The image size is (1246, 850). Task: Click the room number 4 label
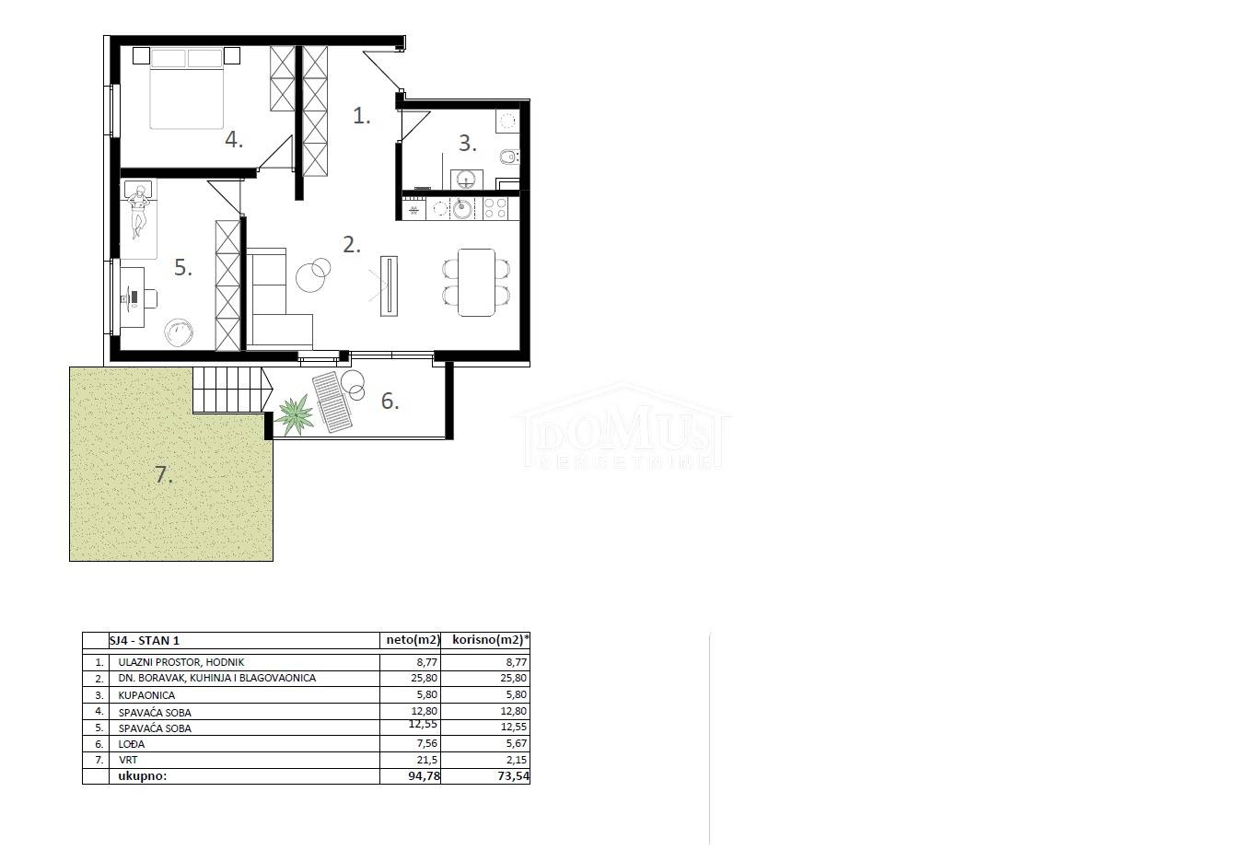(x=234, y=140)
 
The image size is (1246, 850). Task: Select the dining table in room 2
(x=476, y=283)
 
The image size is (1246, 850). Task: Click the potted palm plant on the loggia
(x=295, y=414)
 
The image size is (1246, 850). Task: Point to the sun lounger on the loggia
(x=332, y=402)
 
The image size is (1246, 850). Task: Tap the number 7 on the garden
(x=163, y=474)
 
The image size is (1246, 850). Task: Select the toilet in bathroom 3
(x=509, y=157)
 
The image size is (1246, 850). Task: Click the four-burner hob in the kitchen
(x=495, y=209)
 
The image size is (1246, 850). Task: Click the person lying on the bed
(x=138, y=212)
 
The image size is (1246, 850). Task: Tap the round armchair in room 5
(x=179, y=332)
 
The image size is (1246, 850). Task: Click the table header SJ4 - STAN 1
(x=145, y=640)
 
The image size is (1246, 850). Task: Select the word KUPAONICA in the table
(x=146, y=695)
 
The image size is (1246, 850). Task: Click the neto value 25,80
(x=423, y=678)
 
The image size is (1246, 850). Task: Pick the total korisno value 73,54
(x=514, y=776)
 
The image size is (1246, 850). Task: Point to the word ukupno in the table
(x=143, y=776)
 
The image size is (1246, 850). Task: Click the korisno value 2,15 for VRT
(x=517, y=760)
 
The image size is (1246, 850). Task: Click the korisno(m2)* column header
(x=491, y=640)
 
